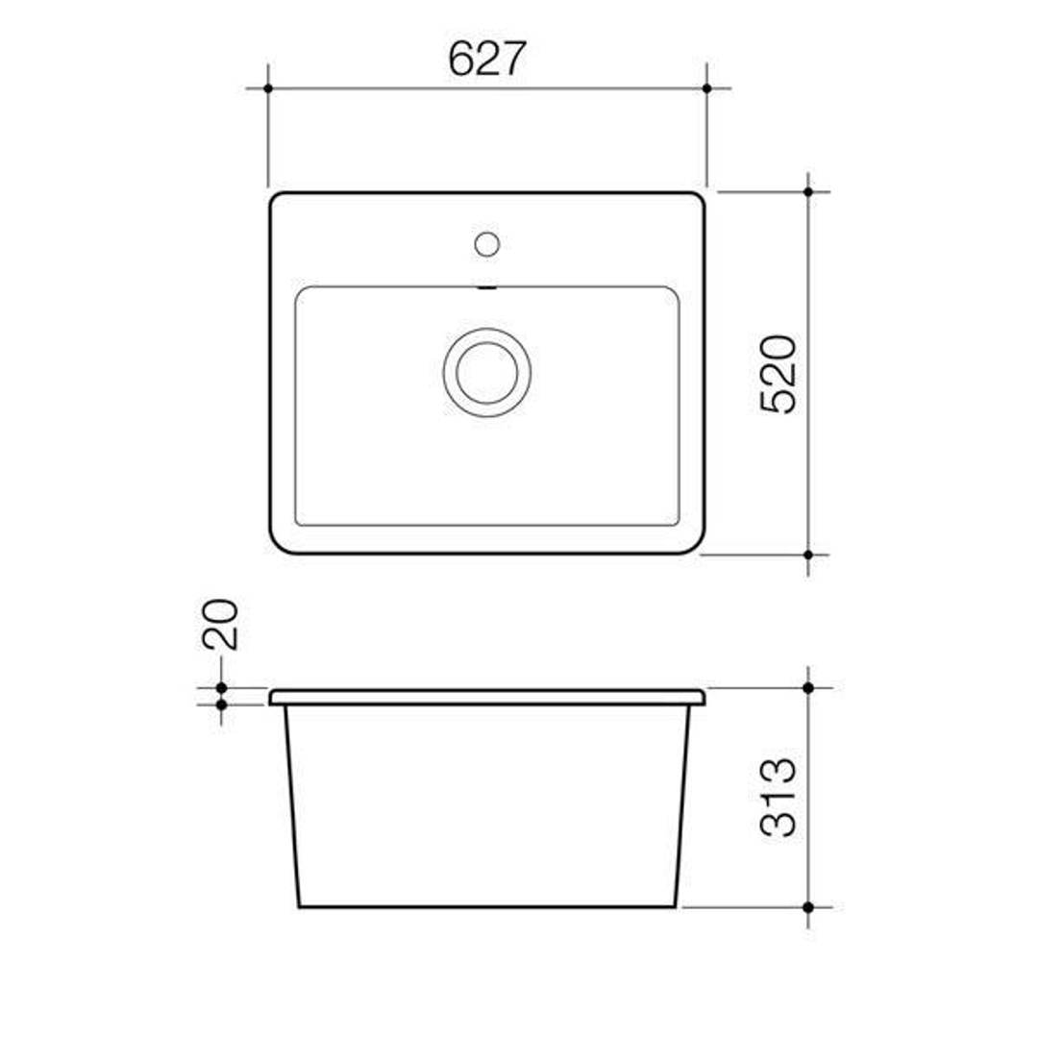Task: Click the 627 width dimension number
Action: click(487, 60)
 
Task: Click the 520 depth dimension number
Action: click(779, 374)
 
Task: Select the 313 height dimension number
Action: click(779, 797)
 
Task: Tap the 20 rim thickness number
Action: click(221, 625)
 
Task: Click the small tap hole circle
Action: click(487, 244)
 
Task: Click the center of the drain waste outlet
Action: click(487, 372)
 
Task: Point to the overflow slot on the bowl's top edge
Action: click(487, 287)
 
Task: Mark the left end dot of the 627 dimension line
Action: click(268, 88)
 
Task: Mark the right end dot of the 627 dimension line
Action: click(706, 88)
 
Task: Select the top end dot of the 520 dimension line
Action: click(808, 192)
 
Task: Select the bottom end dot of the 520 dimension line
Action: click(808, 555)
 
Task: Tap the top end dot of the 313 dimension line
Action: click(808, 688)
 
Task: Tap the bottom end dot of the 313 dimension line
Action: click(808, 906)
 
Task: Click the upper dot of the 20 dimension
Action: click(221, 688)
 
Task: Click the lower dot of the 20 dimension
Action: click(221, 704)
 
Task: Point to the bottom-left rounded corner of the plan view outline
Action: click(280, 544)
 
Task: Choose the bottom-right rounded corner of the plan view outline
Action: click(695, 544)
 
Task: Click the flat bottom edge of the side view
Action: click(487, 905)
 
